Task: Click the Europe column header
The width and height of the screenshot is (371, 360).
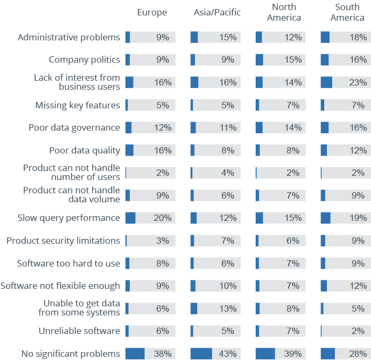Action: click(x=152, y=12)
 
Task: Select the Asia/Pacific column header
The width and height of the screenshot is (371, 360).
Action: click(x=217, y=12)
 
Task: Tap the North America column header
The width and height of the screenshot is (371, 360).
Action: click(x=284, y=12)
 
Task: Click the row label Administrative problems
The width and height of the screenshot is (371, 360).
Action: click(x=69, y=37)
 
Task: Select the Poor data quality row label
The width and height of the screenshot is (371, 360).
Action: click(x=84, y=150)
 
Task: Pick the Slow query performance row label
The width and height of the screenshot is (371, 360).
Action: click(x=69, y=218)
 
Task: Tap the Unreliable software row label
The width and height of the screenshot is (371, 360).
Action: click(x=79, y=331)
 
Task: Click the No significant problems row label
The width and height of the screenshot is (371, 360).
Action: click(x=71, y=354)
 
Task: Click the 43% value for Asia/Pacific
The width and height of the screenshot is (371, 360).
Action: click(x=228, y=354)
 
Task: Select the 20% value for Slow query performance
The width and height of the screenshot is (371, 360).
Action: click(x=163, y=218)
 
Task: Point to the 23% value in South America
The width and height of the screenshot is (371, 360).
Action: click(x=358, y=82)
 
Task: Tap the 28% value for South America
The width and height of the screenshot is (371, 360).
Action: click(x=358, y=354)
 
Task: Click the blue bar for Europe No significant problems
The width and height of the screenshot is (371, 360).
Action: click(x=135, y=354)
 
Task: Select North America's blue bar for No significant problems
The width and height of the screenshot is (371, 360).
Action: click(x=265, y=354)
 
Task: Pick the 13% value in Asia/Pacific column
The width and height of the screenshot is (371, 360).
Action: click(x=228, y=308)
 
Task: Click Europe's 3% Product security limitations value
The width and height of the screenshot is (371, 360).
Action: click(x=163, y=241)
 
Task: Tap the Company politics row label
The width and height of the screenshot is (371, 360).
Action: click(x=84, y=59)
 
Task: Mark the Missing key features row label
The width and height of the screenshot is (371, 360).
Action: click(x=78, y=105)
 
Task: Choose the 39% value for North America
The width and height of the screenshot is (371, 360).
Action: click(x=293, y=354)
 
